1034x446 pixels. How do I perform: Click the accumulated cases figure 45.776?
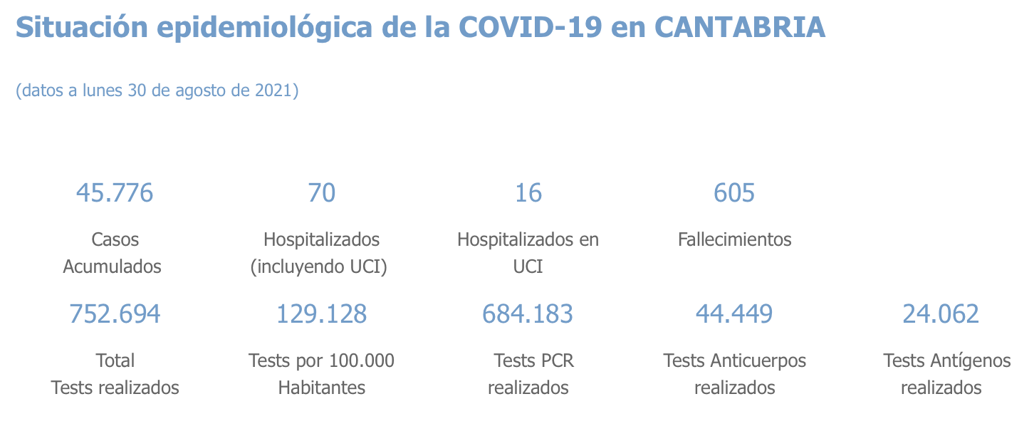coord(115,192)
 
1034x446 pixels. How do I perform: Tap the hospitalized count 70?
coord(321,192)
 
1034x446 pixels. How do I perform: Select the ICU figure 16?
coord(528,192)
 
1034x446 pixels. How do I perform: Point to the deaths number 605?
coord(734,192)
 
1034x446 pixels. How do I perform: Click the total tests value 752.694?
coord(115,313)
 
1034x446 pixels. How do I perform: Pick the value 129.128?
coord(321,313)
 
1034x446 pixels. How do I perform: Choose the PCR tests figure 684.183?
coord(528,313)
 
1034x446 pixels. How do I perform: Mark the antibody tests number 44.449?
coord(734,313)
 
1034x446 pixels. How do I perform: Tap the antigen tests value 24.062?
coord(941,313)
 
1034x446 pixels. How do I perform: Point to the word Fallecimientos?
coord(734,239)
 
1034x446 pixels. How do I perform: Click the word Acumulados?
coord(112,266)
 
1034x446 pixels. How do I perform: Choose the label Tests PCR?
coord(533,361)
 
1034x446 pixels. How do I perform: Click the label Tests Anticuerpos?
coord(734,361)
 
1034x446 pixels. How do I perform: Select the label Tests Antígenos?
coord(946,361)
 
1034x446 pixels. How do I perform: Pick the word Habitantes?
coord(321,388)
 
